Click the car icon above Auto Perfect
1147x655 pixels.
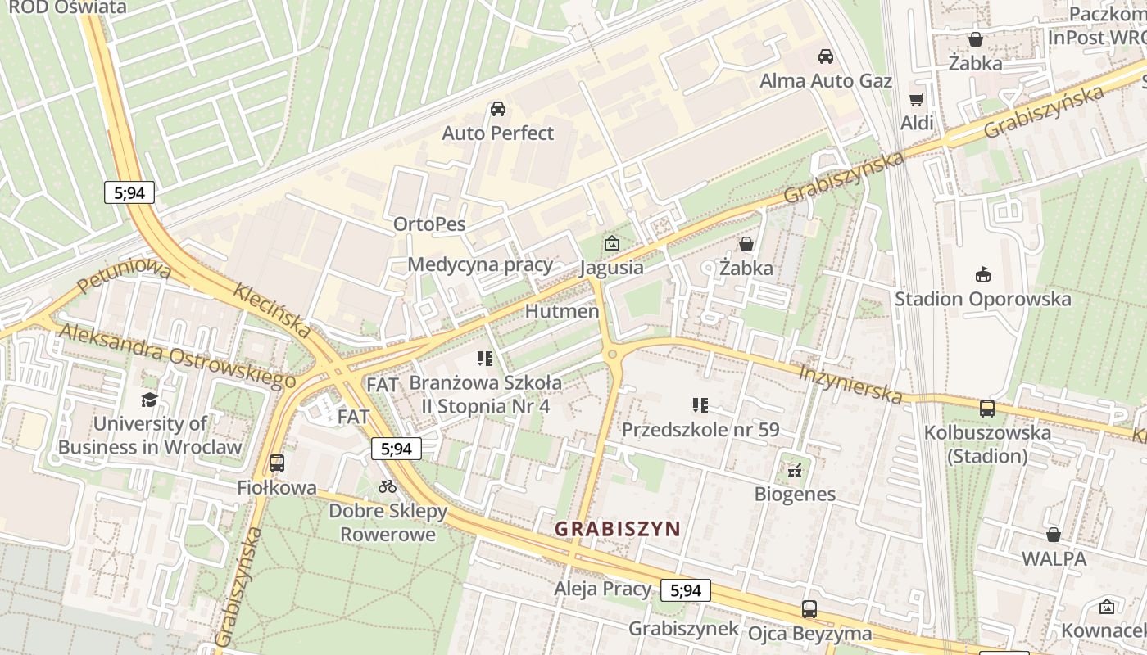497,109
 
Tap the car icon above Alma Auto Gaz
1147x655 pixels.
826,56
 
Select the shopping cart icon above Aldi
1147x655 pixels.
917,99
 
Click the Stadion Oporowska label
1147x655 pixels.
982,299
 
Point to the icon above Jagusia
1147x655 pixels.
611,243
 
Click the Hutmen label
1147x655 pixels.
562,312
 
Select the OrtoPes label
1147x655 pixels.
429,224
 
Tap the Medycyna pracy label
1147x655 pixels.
480,264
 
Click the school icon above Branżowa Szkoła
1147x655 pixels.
484,359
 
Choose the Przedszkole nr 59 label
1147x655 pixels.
700,430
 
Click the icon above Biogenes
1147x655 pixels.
794,470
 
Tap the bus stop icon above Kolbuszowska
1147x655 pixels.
987,408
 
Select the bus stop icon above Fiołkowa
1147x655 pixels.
277,463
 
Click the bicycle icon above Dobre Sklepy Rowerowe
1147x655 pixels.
388,486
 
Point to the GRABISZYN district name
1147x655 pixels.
618,529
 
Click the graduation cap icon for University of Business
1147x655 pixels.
149,400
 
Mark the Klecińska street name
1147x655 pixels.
272,311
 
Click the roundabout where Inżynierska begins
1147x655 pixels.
612,354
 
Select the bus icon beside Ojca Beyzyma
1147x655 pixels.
809,609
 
